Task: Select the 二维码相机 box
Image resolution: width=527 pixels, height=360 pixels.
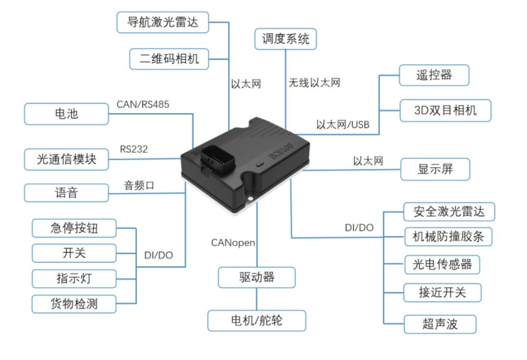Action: (x=169, y=59)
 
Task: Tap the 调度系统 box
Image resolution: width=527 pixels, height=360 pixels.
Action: (x=285, y=39)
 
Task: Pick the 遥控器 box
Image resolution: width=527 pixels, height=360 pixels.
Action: (x=433, y=75)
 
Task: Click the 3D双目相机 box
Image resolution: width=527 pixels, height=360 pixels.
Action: (x=444, y=110)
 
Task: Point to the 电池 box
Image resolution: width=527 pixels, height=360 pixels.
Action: (x=66, y=114)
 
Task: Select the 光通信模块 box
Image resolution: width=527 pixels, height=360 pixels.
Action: (x=66, y=159)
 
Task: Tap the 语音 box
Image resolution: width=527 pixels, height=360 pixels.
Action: (x=66, y=193)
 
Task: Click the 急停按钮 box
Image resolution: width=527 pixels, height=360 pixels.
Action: (x=74, y=228)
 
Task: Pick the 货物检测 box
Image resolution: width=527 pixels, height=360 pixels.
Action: (x=74, y=303)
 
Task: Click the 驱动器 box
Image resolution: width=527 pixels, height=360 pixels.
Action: (x=257, y=277)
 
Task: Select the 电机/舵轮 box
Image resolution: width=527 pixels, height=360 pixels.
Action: (x=257, y=320)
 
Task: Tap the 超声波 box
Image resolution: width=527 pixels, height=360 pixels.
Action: (x=439, y=324)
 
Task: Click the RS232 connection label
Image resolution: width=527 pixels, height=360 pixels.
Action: (x=134, y=149)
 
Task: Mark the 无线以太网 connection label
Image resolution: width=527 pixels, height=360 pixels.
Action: (x=315, y=83)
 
